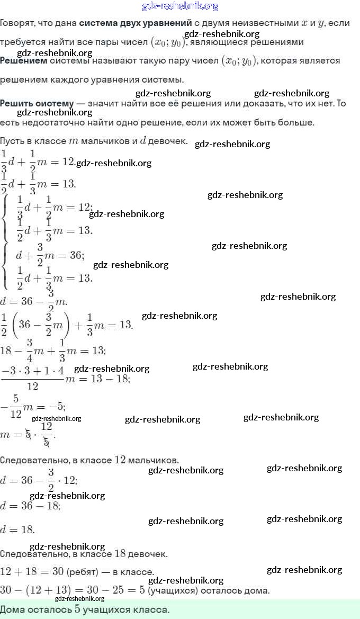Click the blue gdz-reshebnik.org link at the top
tap(180, 6)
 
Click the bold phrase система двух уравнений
tap(135, 23)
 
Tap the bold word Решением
tap(23, 61)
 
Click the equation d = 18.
tap(17, 530)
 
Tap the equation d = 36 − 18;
tap(30, 506)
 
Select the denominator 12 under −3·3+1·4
tap(32, 387)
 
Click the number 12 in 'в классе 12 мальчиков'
tap(120, 460)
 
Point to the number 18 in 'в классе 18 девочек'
tap(120, 554)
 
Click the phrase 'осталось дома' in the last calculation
tap(240, 590)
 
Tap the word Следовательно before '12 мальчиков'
tap(33, 460)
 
